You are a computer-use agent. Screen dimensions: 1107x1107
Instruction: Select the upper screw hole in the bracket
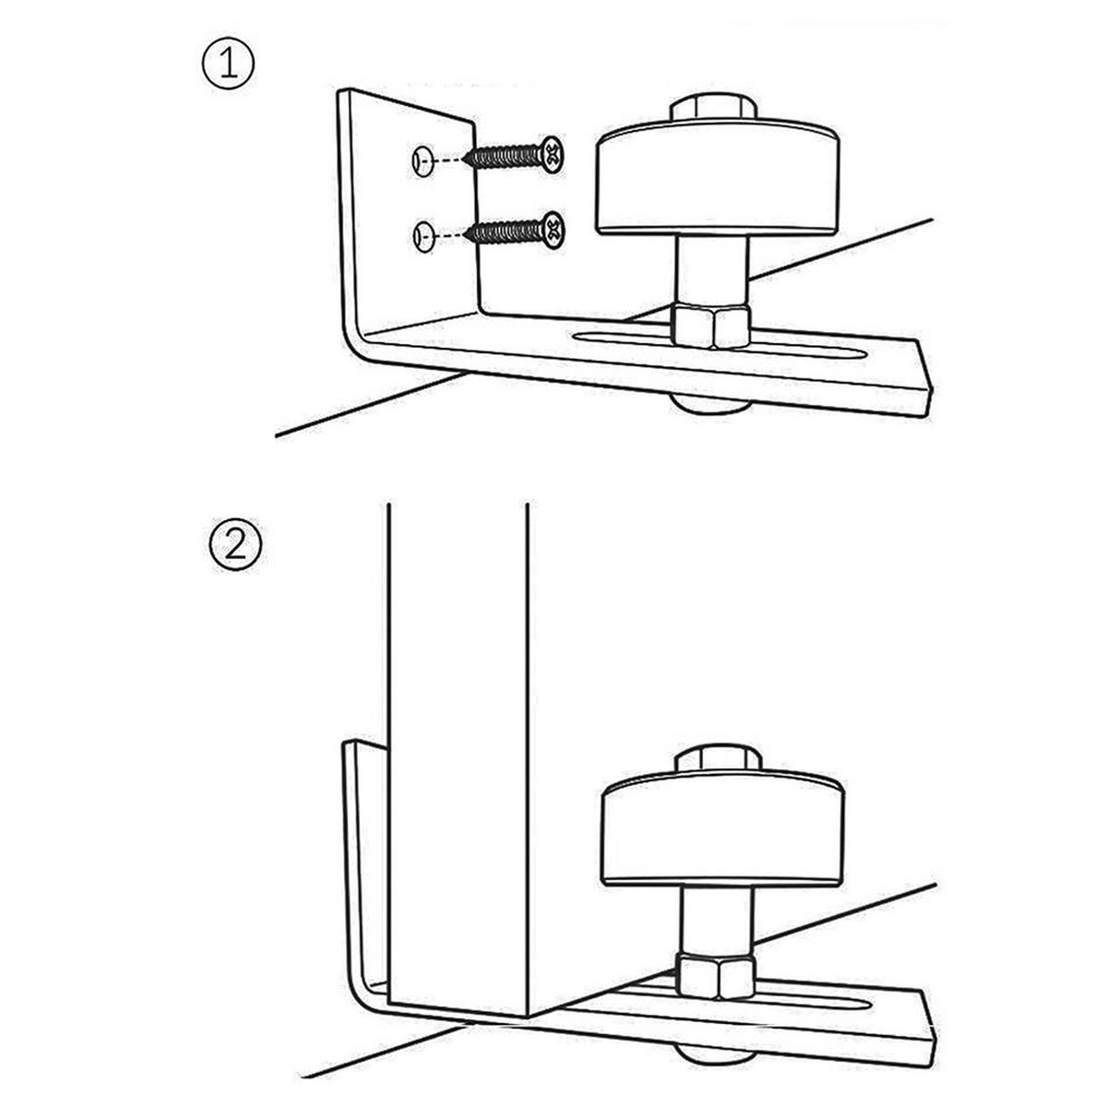coord(423,161)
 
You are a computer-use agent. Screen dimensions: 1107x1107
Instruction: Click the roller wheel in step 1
coord(717,184)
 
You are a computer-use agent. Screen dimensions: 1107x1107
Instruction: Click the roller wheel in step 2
coord(722,834)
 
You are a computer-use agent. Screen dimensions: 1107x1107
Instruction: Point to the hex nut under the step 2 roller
coord(715,973)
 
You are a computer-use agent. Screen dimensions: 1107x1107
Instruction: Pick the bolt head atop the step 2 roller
coord(720,762)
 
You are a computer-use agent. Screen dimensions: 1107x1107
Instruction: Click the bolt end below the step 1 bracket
coord(712,407)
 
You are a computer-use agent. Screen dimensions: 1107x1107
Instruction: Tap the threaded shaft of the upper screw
coord(503,156)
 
